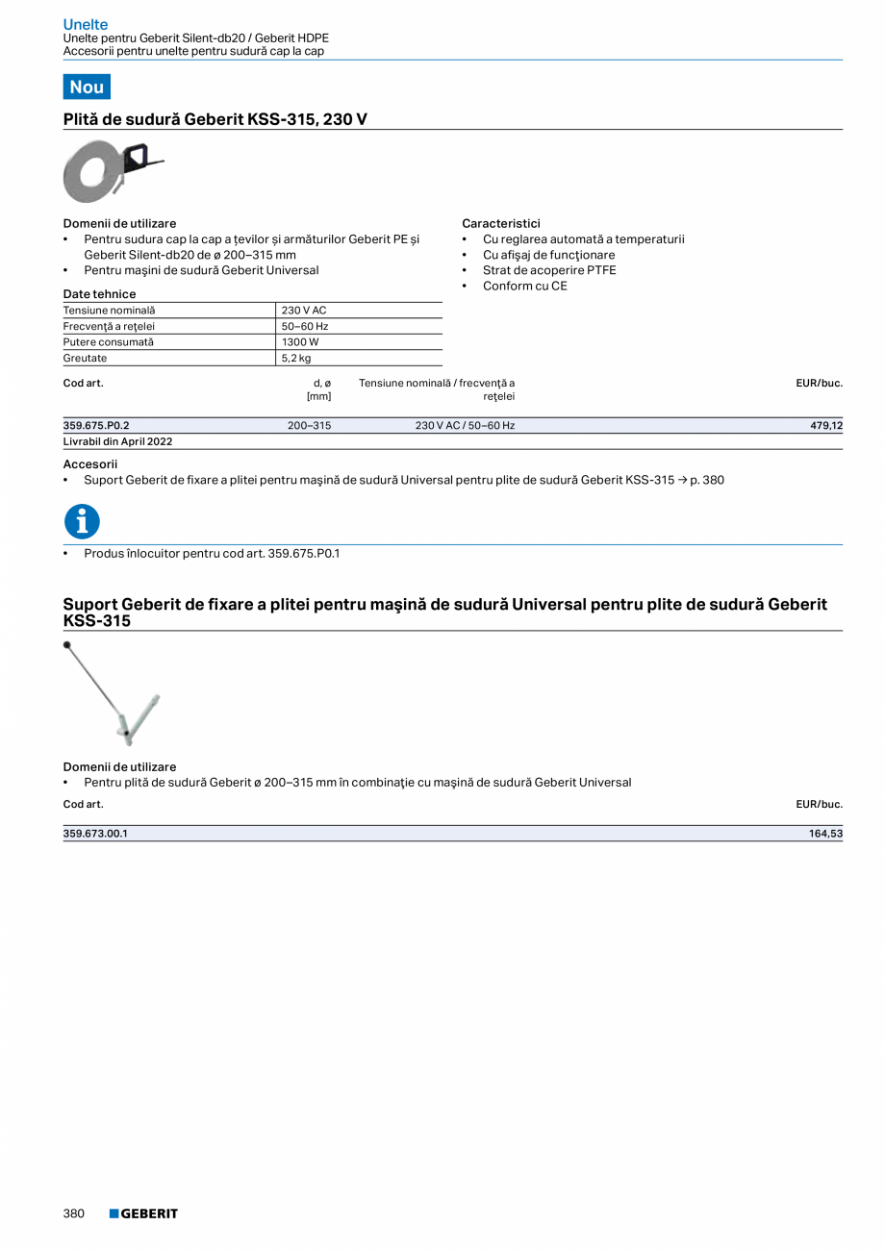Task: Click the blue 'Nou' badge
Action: pos(87,87)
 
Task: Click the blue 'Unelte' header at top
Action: pos(86,24)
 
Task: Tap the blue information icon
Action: pos(82,522)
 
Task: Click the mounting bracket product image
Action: pos(112,692)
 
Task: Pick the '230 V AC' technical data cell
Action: pos(304,311)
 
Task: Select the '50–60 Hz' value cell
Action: pos(305,326)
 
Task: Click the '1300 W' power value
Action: pos(300,341)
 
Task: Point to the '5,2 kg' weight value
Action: pos(296,358)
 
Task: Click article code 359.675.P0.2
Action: pos(96,425)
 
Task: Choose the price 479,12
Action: pos(826,425)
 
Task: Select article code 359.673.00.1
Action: pos(95,834)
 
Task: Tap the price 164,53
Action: pos(825,834)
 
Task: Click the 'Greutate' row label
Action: pos(86,358)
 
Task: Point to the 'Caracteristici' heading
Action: pos(501,223)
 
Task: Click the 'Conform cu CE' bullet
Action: pos(524,286)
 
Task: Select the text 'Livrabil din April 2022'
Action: pos(117,441)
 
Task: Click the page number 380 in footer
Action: pos(74,1213)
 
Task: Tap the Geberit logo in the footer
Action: pos(143,1213)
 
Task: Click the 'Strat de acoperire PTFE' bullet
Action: pos(549,270)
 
